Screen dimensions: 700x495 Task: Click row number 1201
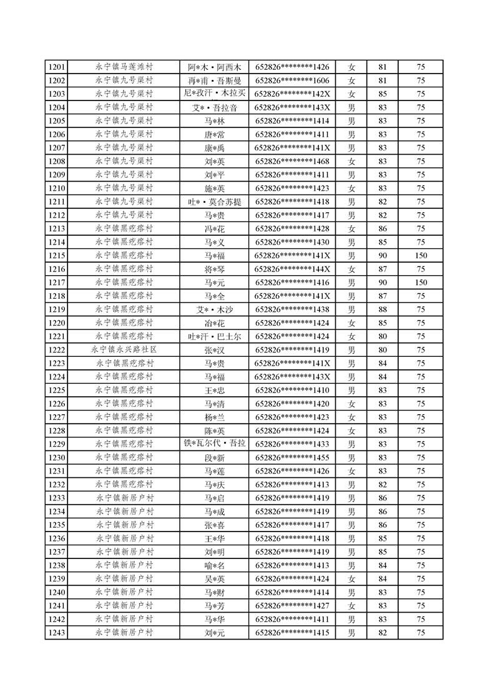click(56, 67)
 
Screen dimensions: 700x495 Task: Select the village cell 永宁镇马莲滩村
click(124, 67)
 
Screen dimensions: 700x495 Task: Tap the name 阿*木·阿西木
click(214, 67)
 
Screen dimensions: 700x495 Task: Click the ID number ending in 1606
click(292, 80)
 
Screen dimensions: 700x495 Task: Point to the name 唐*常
click(214, 135)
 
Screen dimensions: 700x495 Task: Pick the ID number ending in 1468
click(292, 162)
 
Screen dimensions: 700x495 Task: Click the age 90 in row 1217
click(383, 283)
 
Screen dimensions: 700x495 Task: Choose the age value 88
click(383, 309)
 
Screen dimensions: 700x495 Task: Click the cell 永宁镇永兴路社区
click(124, 350)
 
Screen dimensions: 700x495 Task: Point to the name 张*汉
click(214, 351)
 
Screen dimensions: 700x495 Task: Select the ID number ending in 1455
click(292, 458)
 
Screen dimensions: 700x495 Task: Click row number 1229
click(56, 444)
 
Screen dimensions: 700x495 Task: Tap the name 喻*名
click(214, 566)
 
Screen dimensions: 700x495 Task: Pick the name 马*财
click(214, 593)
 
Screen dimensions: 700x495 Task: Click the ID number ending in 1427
click(292, 606)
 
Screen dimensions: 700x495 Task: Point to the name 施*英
click(214, 188)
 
